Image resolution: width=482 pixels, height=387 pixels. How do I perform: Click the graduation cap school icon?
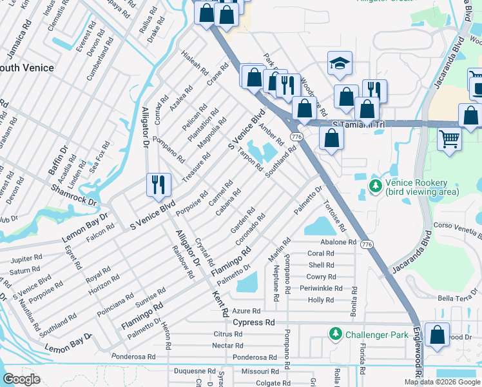[x=340, y=64]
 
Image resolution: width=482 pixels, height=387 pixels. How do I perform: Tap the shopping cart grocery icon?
[x=449, y=137]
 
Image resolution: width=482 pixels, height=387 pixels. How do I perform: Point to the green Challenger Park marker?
[x=335, y=334]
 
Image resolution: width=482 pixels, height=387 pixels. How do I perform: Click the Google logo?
[x=21, y=379]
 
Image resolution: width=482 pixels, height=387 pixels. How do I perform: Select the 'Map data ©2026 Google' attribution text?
[x=442, y=382]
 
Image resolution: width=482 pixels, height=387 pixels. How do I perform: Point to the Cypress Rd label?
[x=254, y=322]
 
